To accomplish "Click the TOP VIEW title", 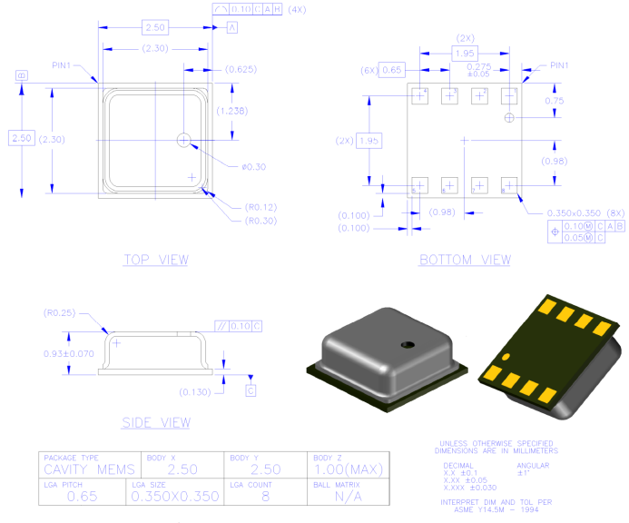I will coord(155,260).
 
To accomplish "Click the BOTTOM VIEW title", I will coord(465,260).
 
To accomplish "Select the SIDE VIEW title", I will coord(156,422).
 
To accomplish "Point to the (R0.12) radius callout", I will coord(260,207).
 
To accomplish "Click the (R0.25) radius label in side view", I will coord(60,313).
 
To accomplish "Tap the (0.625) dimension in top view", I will coord(240,69).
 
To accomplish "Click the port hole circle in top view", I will coord(185,140).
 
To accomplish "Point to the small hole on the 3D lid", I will coord(408,344).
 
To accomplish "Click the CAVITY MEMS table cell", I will coord(88,469).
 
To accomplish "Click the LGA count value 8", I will coord(264,496).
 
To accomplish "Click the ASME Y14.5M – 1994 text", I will coord(495,508).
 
